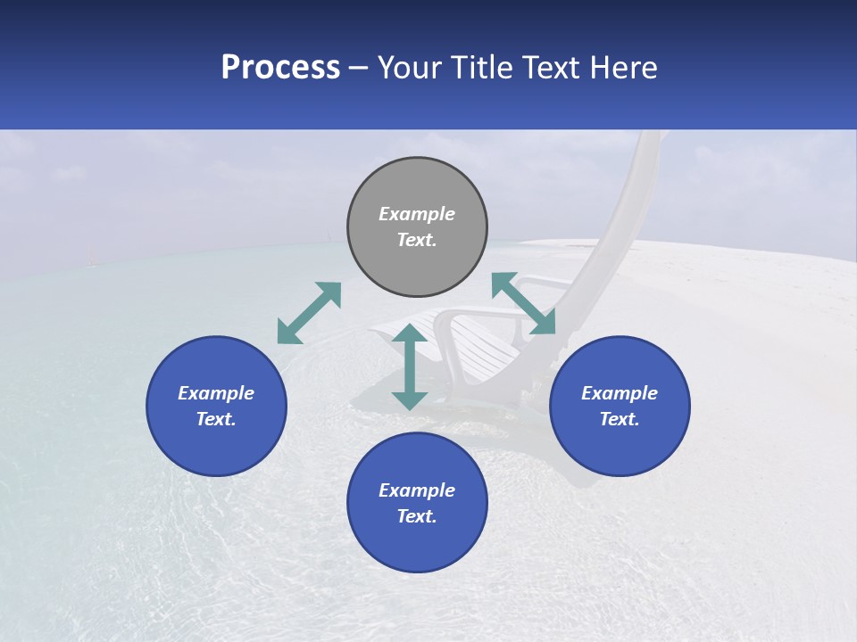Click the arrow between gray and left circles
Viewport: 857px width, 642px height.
click(309, 313)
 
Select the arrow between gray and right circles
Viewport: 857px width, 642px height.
click(523, 303)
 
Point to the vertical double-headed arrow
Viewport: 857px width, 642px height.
click(410, 366)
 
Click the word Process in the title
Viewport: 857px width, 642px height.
click(280, 68)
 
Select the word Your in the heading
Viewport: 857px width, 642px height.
click(410, 68)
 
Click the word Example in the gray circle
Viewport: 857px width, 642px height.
click(417, 214)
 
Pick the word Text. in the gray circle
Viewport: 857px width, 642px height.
click(417, 240)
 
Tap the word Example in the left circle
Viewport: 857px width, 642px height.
click(216, 393)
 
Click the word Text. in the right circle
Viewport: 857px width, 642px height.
click(620, 419)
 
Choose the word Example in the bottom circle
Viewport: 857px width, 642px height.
click(417, 490)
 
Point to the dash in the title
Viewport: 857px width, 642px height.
click(359, 69)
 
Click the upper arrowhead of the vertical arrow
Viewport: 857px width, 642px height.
click(410, 334)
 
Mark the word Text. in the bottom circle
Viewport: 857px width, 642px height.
click(417, 516)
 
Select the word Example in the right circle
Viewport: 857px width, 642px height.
click(620, 393)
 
